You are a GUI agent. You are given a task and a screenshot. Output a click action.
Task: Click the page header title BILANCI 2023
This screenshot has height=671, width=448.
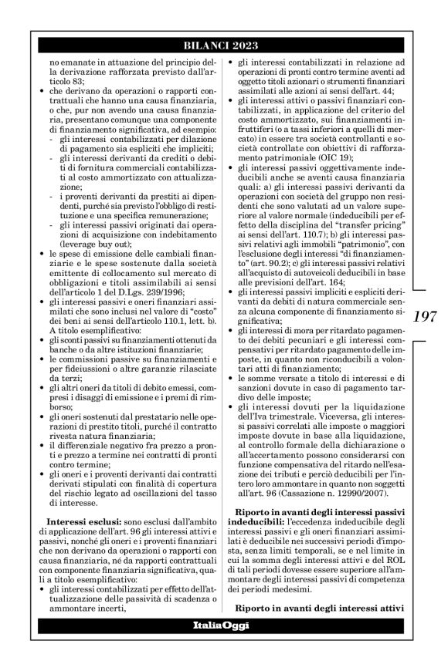tap(224, 46)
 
